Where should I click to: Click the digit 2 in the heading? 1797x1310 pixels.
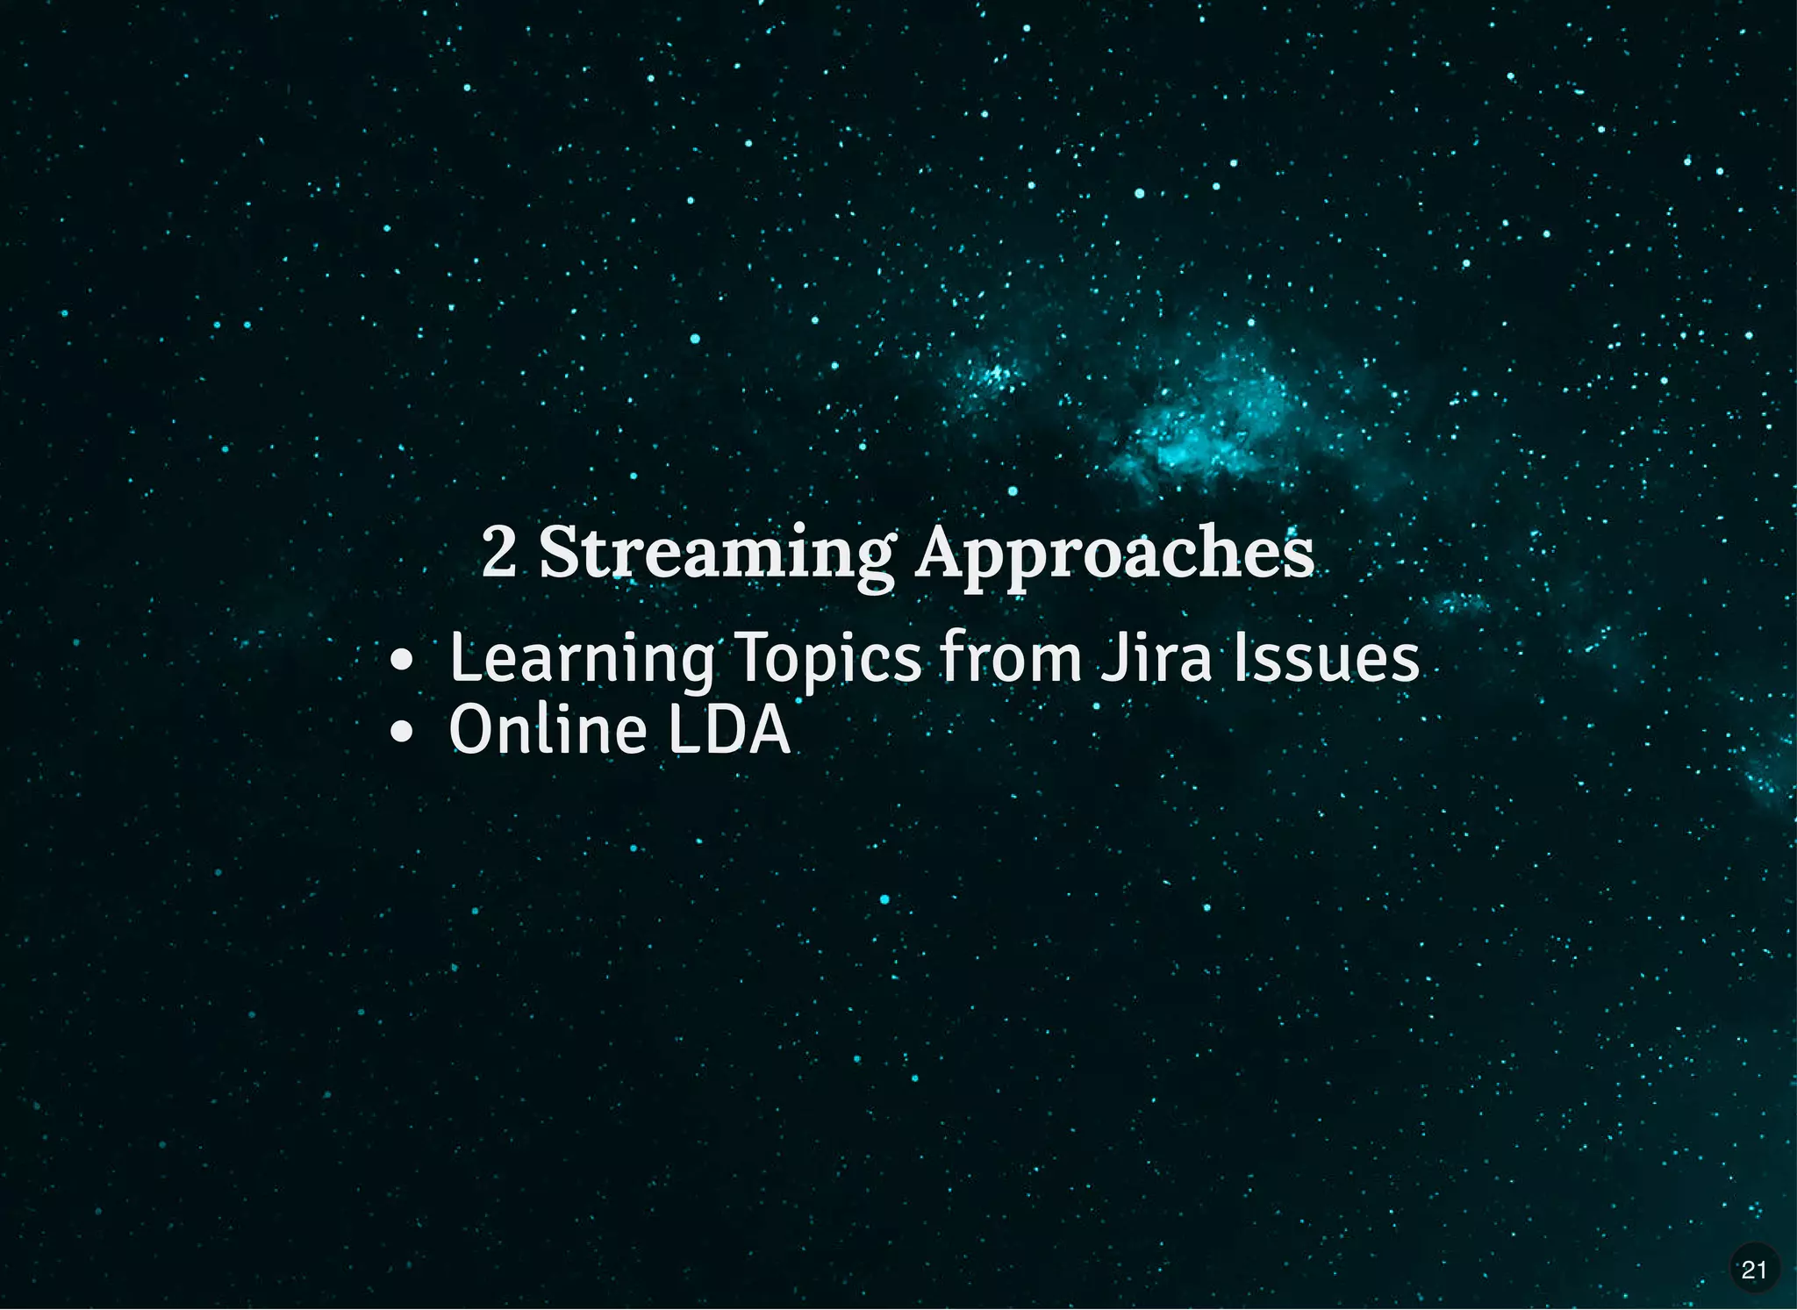[498, 552]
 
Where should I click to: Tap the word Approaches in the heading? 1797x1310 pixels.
[1114, 554]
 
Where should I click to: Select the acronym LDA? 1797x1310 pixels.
[728, 730]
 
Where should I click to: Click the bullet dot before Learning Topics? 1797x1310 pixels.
[401, 660]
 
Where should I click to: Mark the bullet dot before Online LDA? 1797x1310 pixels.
[401, 732]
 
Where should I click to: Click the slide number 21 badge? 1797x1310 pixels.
[1753, 1269]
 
